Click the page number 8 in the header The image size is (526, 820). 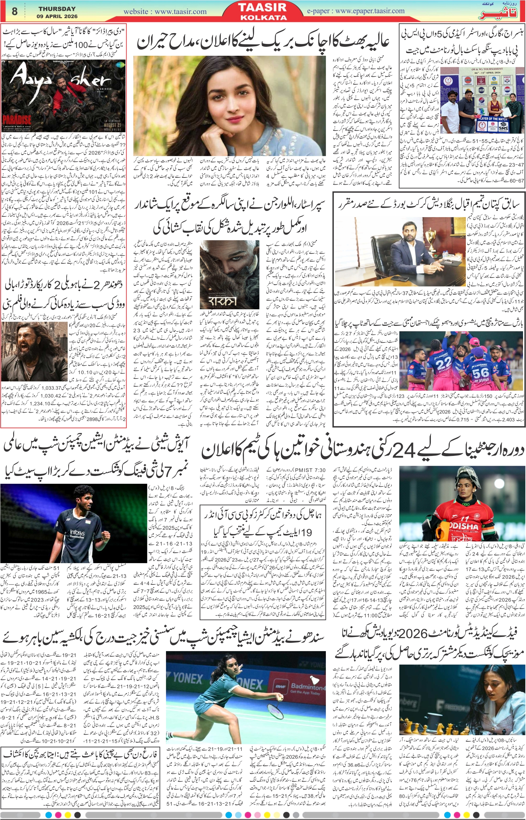(14, 11)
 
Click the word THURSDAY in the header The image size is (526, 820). (57, 9)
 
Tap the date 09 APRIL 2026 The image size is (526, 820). (57, 16)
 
